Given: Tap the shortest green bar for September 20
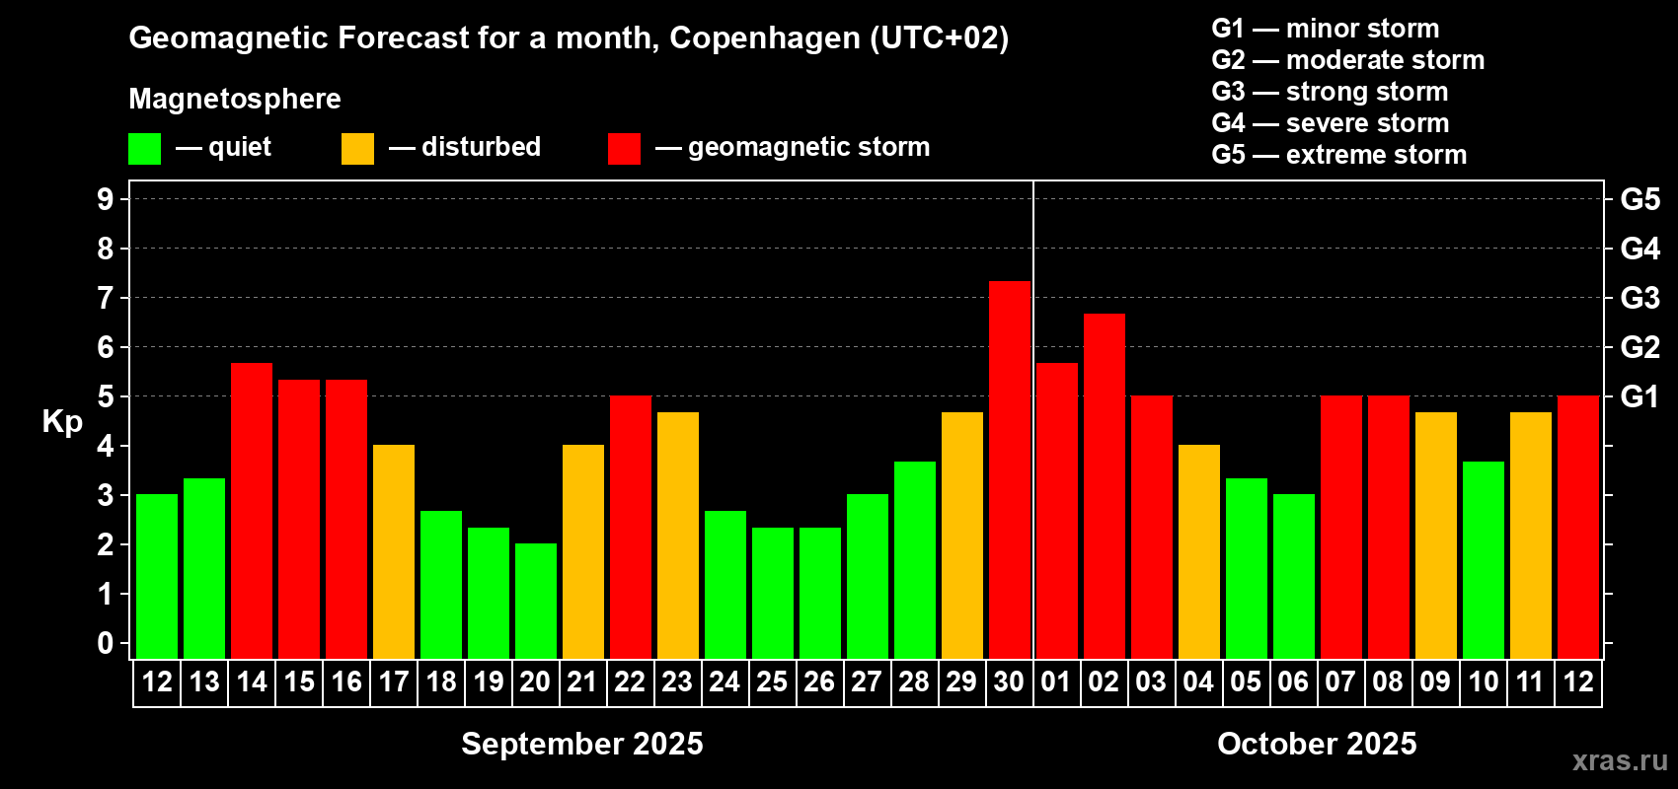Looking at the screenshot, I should pyautogui.click(x=536, y=601).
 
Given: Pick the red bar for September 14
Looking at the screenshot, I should pyautogui.click(x=252, y=510).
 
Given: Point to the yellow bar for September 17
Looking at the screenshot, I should pyautogui.click(x=394, y=551).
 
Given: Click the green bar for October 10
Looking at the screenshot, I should pyautogui.click(x=1484, y=559).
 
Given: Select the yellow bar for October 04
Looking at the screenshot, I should pyautogui.click(x=1199, y=551).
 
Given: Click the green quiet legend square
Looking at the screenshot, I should pyautogui.click(x=145, y=149).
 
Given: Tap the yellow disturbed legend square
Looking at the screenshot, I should pyautogui.click(x=357, y=149).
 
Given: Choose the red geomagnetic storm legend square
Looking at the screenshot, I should pyautogui.click(x=624, y=149).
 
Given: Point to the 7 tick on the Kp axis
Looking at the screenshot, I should pyautogui.click(x=106, y=298).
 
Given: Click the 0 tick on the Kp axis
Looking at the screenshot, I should pyautogui.click(x=106, y=643).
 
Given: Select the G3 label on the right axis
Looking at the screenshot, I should pyautogui.click(x=1640, y=298).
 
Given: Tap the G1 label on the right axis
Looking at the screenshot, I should pyautogui.click(x=1640, y=396).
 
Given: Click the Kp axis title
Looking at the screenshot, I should pyautogui.click(x=62, y=421).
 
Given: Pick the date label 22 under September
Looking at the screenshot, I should pyautogui.click(x=630, y=681).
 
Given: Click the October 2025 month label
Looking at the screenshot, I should pyautogui.click(x=1317, y=744).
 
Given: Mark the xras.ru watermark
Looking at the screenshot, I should pyautogui.click(x=1620, y=760).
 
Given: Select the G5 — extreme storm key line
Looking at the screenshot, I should pyautogui.click(x=1338, y=155).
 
